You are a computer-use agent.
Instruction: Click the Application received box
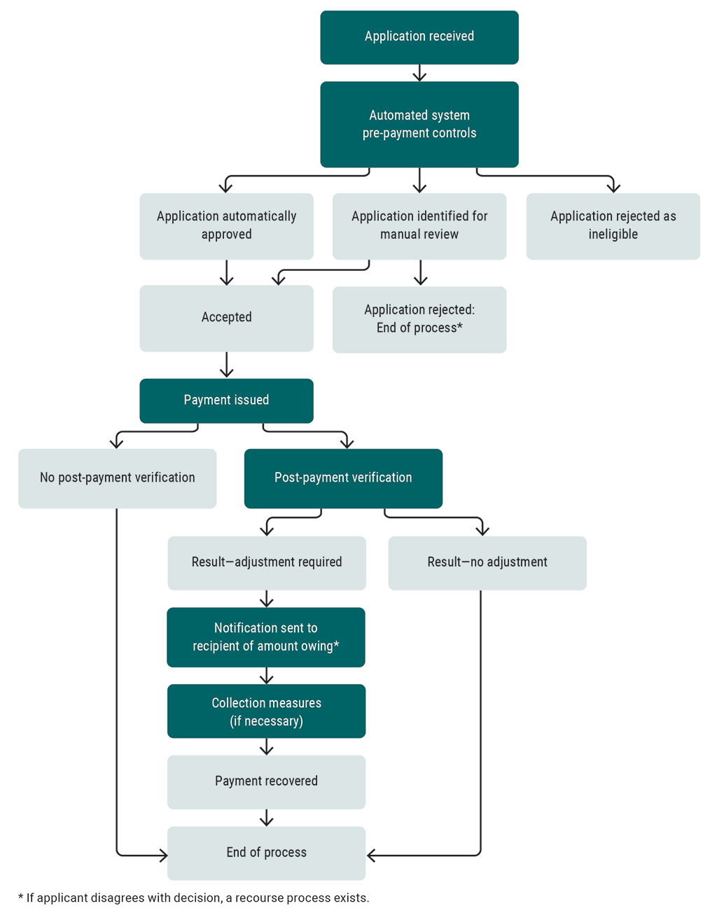point(419,37)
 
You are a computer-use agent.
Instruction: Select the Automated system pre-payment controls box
point(419,125)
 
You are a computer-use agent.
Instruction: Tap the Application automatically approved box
point(226,226)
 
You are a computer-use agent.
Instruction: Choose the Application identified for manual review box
point(419,226)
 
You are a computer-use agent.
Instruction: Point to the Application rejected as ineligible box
point(613,226)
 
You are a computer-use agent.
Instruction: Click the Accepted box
point(226,318)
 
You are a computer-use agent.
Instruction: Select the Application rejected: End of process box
point(419,319)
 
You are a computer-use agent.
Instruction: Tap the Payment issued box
point(226,400)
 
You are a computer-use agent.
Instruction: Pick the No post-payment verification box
point(117,478)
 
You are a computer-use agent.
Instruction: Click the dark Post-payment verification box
point(343,478)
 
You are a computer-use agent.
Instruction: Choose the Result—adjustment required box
point(266,563)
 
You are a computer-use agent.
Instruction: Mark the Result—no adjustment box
point(487,563)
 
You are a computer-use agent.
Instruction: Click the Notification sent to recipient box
point(266,637)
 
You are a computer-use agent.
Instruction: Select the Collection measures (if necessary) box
point(266,711)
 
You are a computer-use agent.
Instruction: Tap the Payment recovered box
point(266,781)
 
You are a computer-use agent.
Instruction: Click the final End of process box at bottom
point(266,853)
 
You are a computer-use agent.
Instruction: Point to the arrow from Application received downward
point(419,73)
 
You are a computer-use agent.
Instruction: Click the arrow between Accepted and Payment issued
point(227,365)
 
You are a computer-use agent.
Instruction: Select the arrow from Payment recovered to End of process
point(267,818)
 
